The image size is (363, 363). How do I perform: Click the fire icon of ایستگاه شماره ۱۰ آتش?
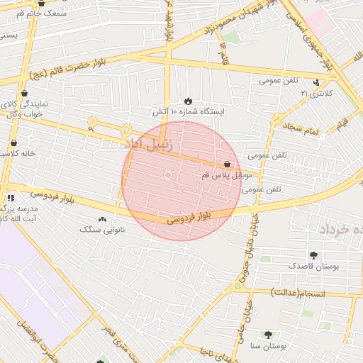(189, 101)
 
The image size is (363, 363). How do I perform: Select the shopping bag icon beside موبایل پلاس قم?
(227, 164)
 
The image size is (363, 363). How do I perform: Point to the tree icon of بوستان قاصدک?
(314, 255)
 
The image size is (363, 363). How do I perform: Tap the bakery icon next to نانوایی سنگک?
(103, 219)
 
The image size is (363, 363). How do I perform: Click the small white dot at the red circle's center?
(168, 174)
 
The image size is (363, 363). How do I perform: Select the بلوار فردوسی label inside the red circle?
(191, 216)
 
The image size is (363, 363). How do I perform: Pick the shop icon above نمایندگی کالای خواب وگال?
(25, 93)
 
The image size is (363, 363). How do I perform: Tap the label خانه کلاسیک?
(16, 153)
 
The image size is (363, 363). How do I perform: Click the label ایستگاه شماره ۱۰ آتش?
(187, 112)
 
